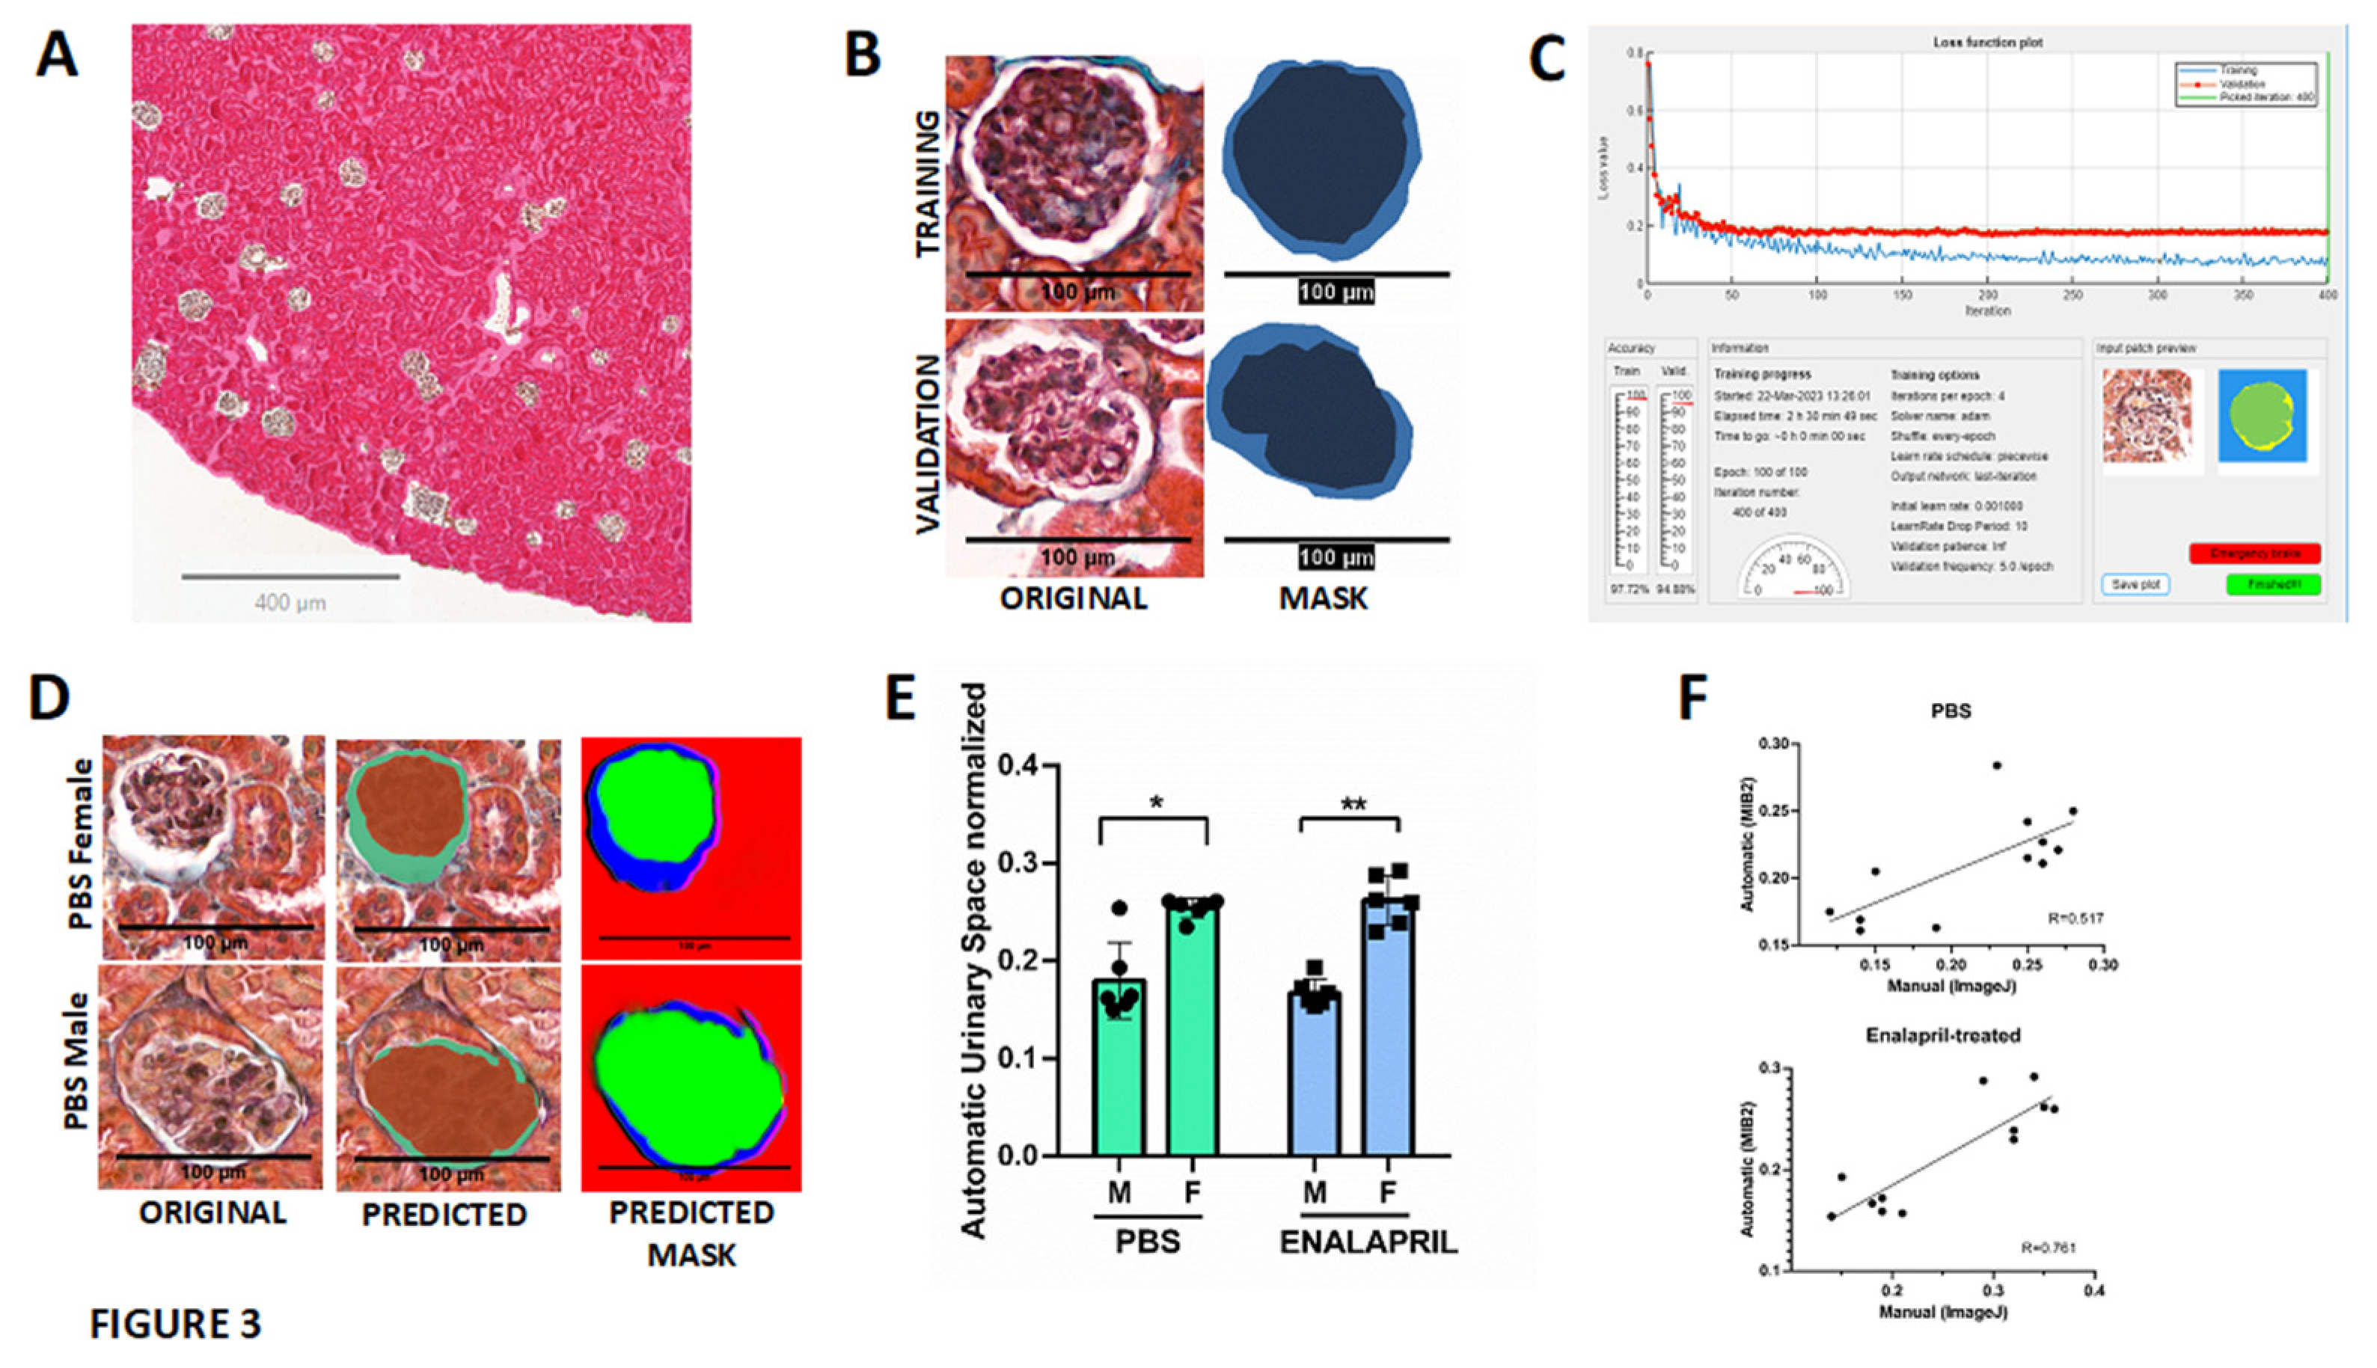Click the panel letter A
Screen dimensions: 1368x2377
[x=55, y=55]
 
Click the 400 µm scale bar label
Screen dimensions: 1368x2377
[x=290, y=602]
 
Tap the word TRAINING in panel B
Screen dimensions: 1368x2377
[x=929, y=184]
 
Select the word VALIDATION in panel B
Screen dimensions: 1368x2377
[x=929, y=444]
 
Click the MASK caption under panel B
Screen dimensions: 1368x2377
[x=1324, y=598]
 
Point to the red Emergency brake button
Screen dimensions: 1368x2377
[x=2254, y=553]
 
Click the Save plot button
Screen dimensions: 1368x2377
[x=2135, y=584]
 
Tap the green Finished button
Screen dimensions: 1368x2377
[x=2273, y=584]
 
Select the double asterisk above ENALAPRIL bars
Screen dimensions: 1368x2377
[x=1353, y=804]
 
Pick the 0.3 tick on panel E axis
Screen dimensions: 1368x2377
[x=1018, y=863]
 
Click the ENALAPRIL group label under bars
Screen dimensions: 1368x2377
[x=1368, y=1242]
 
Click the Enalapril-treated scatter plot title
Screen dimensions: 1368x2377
[x=1943, y=1035]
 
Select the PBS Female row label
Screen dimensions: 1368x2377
[x=81, y=843]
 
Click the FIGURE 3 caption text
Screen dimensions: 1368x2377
[x=176, y=1324]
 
